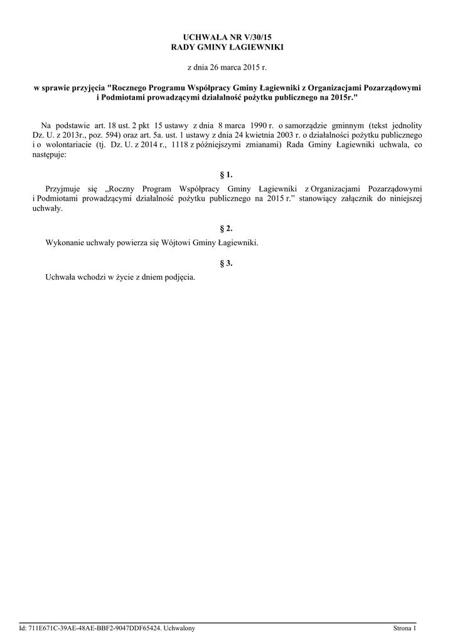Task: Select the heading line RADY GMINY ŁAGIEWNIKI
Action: coord(227,48)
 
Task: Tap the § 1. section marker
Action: coord(227,174)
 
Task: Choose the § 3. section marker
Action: coord(227,263)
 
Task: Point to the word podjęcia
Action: coord(181,277)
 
